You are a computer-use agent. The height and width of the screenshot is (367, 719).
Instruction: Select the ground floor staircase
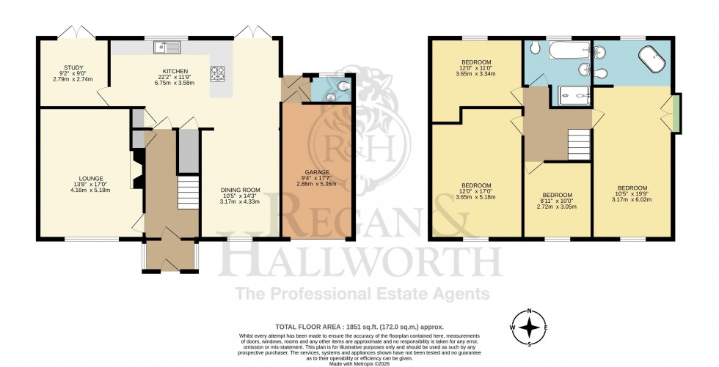click(x=189, y=192)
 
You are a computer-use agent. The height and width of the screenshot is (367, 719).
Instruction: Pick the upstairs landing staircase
click(x=580, y=143)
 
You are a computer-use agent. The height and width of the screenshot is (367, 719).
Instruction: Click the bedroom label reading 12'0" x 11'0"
click(x=476, y=67)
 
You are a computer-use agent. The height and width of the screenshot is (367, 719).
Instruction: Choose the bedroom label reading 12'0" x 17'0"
click(x=476, y=190)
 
